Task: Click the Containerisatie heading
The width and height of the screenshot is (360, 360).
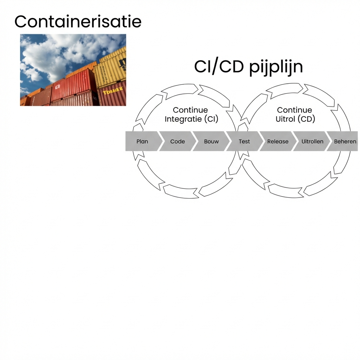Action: [x=78, y=22]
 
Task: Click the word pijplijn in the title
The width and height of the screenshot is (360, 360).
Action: [x=276, y=67]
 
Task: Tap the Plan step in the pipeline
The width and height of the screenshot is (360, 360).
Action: [x=142, y=141]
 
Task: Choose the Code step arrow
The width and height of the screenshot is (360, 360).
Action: [x=178, y=141]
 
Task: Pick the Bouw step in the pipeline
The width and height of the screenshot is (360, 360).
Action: [x=211, y=141]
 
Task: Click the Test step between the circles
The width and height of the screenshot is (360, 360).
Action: [x=244, y=141]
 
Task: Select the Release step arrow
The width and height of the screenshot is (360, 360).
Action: [x=278, y=141]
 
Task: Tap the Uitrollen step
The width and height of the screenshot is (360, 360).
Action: [x=312, y=141]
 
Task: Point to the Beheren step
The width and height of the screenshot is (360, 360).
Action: [x=345, y=141]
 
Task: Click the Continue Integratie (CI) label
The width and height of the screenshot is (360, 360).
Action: [x=191, y=115]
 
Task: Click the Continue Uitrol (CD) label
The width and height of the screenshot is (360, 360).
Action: [x=295, y=115]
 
